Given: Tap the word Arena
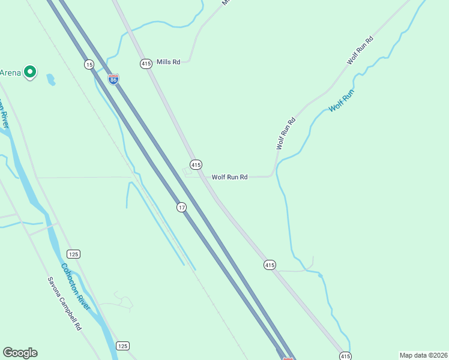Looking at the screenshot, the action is tap(10, 73).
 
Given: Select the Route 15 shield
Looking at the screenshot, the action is tap(89, 64).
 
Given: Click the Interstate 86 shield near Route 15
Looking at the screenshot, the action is tap(113, 79).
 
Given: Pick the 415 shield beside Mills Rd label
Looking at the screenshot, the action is tap(146, 64).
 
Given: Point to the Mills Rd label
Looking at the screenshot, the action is tap(168, 62).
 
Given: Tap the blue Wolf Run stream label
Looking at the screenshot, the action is tap(342, 100).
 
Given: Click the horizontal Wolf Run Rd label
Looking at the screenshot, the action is tap(229, 177).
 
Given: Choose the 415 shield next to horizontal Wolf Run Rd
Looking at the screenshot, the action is tap(196, 164).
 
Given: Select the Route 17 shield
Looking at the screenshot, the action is tap(181, 207).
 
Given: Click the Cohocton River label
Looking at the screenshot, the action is tap(76, 286).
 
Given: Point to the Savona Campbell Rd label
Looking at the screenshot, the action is tap(64, 304).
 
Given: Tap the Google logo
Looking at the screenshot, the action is tap(20, 353).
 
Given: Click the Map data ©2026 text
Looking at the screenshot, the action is tap(423, 355).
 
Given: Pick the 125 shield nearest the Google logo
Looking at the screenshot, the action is tap(122, 346).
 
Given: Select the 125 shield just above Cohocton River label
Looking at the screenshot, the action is tap(73, 254).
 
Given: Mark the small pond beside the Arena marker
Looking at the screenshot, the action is tap(50, 79).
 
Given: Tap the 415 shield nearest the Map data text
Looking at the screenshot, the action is tap(345, 355).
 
